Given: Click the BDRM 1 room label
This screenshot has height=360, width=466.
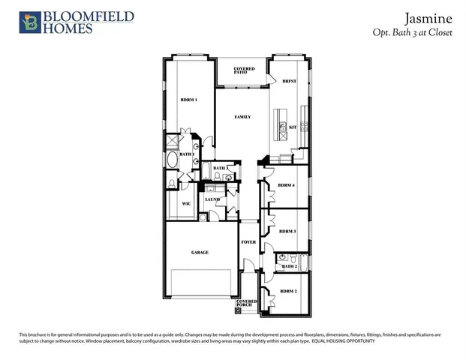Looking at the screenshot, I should (189, 100).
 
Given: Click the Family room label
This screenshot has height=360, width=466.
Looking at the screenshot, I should (242, 117).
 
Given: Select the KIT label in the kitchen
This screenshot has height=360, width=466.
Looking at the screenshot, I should (293, 127).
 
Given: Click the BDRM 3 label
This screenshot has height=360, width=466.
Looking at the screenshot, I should (287, 232).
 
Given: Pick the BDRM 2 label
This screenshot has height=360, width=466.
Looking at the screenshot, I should (289, 290).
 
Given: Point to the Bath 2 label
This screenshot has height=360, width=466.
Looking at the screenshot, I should (290, 266).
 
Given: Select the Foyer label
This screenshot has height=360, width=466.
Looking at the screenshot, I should (248, 242).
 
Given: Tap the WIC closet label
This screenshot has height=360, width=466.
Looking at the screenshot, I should (187, 203).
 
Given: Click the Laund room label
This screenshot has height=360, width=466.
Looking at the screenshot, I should (212, 200).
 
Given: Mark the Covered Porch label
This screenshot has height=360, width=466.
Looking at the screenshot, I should (248, 302).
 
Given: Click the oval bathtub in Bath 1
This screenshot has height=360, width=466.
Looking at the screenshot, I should (173, 159).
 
